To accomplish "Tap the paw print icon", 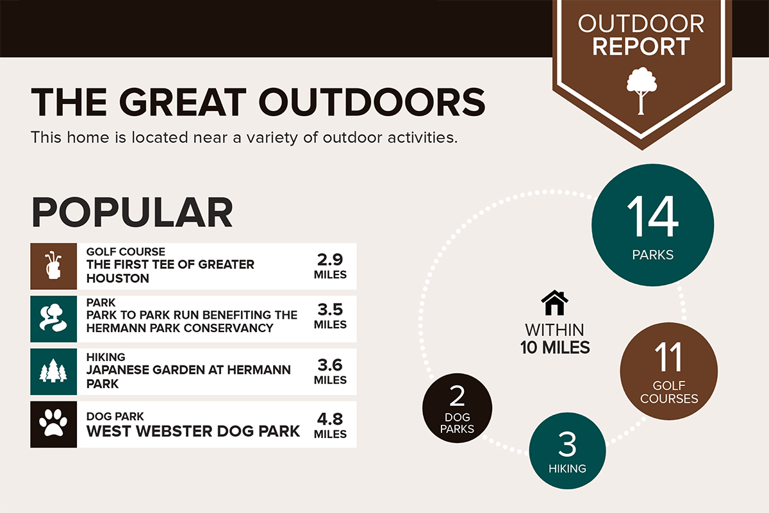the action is pos(53,423).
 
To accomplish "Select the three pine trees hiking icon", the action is pos(53,371).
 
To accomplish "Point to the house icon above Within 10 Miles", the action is pos(554,303).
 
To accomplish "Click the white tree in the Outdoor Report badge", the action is pos(641,90).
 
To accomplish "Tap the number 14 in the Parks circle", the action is pos(652,216).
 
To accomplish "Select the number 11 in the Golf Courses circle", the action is pos(668,357).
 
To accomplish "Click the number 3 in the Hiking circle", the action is pos(567,444).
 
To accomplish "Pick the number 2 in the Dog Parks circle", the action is pos(457,396).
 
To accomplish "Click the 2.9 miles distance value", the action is pos(330,260).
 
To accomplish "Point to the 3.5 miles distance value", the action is pos(330,310).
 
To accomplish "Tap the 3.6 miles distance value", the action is pos(330,365).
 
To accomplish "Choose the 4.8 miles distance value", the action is pos(330,419).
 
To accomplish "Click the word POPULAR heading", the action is pos(132,212).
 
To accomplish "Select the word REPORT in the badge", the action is pos(641,46).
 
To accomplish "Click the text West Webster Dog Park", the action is pos(193,431).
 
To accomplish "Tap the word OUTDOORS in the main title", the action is pos(372,102).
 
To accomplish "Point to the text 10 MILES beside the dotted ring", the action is pos(555,348).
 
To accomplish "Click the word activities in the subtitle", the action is pos(422,137).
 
